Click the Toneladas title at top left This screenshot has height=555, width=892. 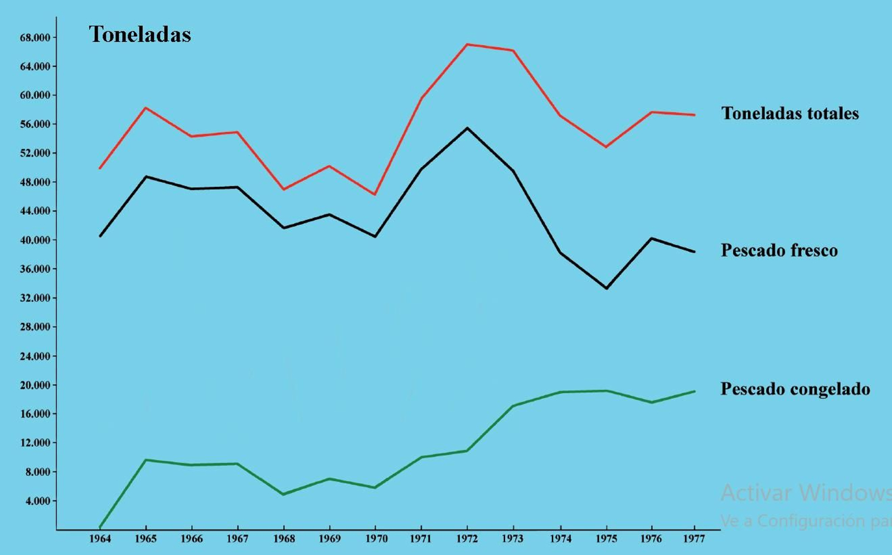point(139,35)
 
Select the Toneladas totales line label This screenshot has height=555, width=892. point(789,114)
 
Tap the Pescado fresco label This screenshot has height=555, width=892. point(779,250)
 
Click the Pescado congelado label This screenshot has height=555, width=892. point(795,389)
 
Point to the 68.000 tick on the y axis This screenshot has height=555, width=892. point(35,38)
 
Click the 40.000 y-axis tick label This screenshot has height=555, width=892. point(35,240)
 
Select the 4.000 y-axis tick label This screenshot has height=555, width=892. point(37,501)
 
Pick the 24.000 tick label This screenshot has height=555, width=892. point(35,356)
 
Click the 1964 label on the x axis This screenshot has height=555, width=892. point(100,539)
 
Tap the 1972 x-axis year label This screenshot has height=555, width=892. point(467,539)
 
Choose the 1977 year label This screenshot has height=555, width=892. point(694,539)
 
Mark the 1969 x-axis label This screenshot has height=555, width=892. point(329,539)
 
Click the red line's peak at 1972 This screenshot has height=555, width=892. point(467,44)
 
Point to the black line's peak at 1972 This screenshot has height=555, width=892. point(467,128)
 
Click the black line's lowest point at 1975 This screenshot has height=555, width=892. point(606,288)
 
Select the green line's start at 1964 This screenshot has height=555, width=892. point(100,527)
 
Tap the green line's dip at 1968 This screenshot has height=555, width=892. point(284,494)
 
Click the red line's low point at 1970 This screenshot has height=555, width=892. point(375,195)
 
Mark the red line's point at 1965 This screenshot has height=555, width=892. point(146,108)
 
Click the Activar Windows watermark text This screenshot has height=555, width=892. point(805,493)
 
